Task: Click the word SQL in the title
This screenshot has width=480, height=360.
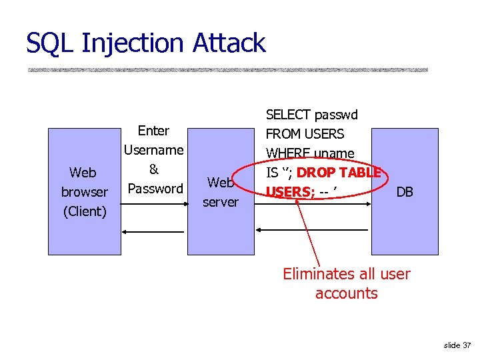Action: [x=52, y=43]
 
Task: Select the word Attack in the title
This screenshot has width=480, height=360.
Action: [x=229, y=43]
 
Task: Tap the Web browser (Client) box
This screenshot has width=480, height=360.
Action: [x=83, y=192]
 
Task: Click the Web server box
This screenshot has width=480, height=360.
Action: [x=221, y=192]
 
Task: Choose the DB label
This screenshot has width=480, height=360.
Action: [x=405, y=192]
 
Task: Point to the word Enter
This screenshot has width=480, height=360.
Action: [x=153, y=131]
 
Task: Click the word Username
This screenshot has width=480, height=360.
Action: [x=154, y=150]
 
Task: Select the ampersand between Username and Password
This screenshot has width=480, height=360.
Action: [x=153, y=169]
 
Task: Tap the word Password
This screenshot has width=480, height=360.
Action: [x=155, y=189]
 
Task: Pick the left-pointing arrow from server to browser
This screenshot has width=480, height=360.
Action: [x=153, y=233]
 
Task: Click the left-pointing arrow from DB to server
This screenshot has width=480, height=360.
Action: [x=313, y=229]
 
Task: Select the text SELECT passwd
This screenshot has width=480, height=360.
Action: [x=312, y=115]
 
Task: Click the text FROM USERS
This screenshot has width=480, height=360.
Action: [x=305, y=134]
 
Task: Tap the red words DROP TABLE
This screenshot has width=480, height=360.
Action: [x=338, y=173]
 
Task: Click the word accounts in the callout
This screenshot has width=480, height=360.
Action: [x=346, y=293]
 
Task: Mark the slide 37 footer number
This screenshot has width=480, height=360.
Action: [x=457, y=345]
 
